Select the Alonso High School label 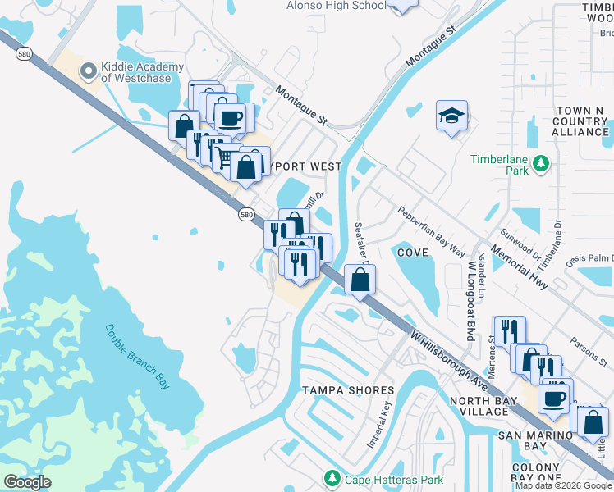[336, 6]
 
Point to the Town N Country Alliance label [580, 121]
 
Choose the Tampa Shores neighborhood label [342, 389]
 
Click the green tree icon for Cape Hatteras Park [332, 478]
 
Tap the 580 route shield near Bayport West [246, 214]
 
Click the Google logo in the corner [27, 482]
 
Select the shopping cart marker [220, 150]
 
